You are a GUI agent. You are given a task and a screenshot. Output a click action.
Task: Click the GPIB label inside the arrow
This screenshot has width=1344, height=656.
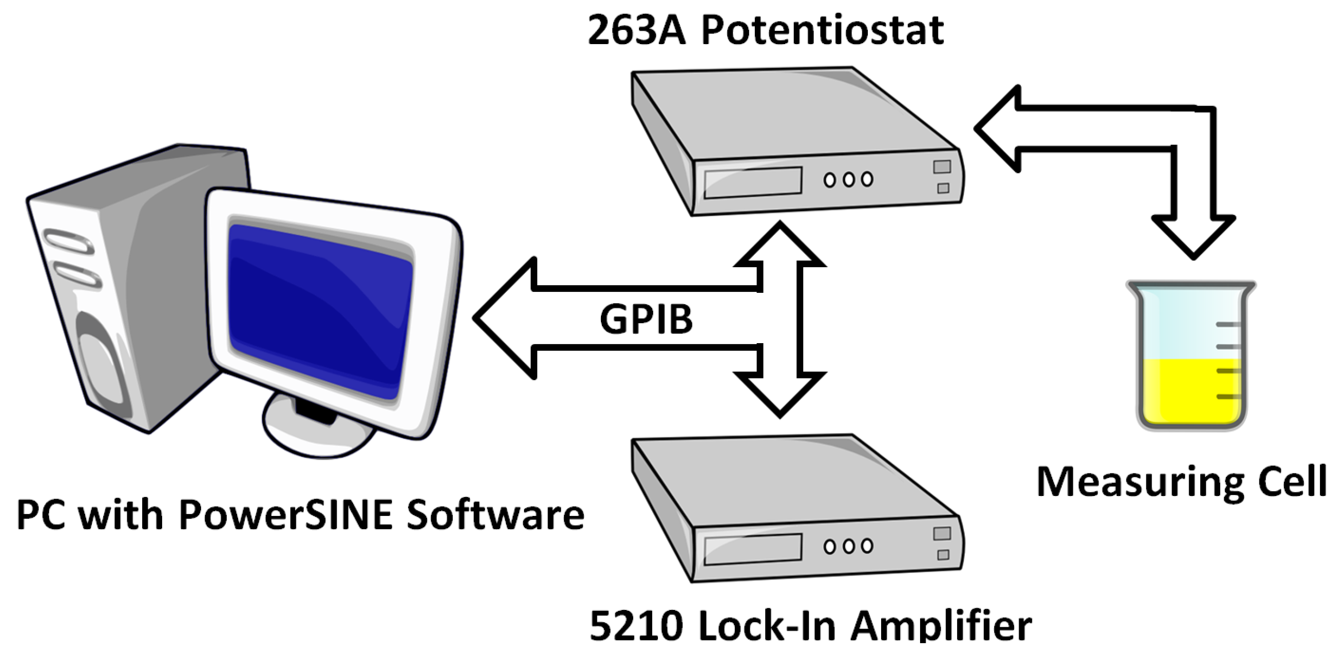pos(646,319)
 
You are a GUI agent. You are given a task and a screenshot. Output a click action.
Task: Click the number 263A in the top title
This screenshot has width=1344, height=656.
pos(636,30)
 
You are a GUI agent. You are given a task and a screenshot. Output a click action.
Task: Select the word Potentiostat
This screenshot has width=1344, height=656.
pos(822,30)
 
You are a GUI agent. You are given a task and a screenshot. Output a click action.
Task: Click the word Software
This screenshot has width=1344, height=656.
pos(495,514)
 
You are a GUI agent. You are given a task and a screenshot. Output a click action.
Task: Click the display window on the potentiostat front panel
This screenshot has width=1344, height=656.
pos(752,183)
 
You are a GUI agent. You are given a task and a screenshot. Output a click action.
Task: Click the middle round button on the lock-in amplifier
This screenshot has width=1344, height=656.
pos(848,546)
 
